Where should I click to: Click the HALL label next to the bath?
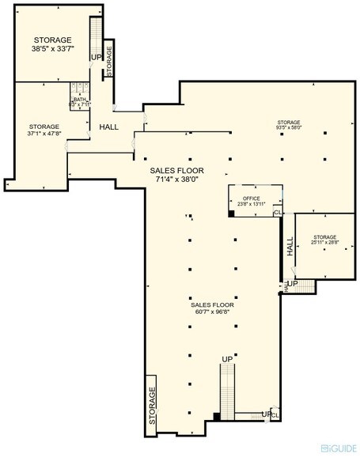tap(109, 126)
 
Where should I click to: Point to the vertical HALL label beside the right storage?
tap(290, 248)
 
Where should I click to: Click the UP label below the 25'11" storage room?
tap(291, 283)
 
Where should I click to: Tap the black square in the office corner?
tap(231, 213)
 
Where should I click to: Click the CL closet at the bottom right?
tap(275, 414)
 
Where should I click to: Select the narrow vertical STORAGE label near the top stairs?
tap(109, 60)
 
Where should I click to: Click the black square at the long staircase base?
tap(216, 417)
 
